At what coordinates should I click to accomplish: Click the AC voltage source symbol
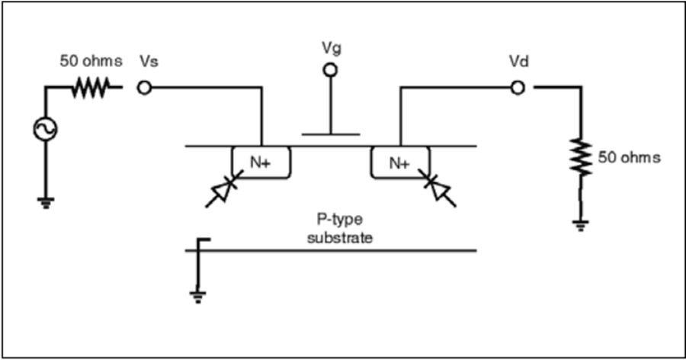pos(46,129)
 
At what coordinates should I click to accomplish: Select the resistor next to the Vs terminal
pos(91,88)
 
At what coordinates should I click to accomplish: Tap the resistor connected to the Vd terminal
pos(581,157)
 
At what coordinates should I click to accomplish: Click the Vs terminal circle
pos(144,88)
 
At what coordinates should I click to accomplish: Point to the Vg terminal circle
pos(330,70)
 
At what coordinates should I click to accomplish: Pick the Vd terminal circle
pos(518,88)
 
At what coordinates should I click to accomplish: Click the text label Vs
pos(149,61)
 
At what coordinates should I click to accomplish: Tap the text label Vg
pos(332,48)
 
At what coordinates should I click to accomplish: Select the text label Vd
pos(519,62)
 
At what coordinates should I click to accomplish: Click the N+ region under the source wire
pos(261,162)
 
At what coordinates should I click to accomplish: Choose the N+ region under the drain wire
pos(400,162)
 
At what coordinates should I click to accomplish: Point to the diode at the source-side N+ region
pos(223,189)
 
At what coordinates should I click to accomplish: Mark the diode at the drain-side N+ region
pos(438,188)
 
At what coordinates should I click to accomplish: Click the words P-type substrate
pos(340,228)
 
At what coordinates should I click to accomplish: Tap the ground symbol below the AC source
pos(46,203)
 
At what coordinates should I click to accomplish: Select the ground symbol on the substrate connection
pos(197,297)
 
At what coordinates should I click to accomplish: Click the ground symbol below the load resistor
pos(581,226)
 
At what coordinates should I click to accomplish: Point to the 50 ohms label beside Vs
pos(91,61)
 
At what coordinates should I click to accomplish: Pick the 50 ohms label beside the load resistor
pos(629,157)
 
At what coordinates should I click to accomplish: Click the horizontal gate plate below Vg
pos(331,134)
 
